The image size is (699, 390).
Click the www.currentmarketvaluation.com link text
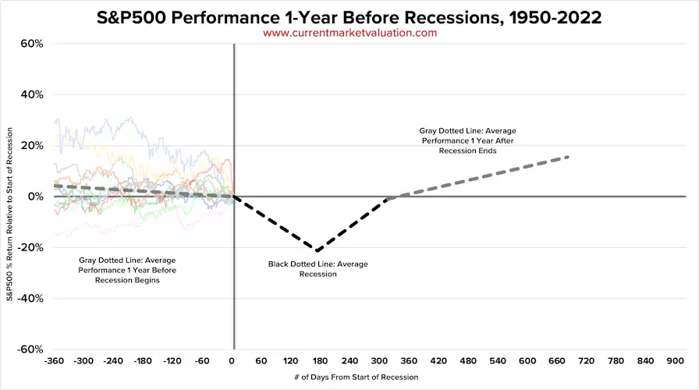coord(349,33)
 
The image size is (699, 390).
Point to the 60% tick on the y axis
coord(31,44)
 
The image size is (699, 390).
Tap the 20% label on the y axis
coord(31,146)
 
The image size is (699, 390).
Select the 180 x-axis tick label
coord(320,361)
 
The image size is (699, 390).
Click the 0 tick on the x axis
coord(232,361)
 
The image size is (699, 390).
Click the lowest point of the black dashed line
coord(318,250)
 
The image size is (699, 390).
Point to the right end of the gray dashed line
coord(568,157)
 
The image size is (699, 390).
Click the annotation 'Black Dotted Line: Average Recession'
coord(318,269)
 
